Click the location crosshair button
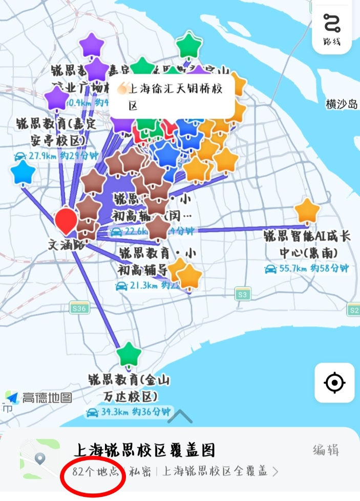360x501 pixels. coord(334,382)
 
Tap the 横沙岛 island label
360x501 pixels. coord(342,104)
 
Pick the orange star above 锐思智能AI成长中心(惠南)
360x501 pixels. coord(307,211)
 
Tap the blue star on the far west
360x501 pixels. coord(23,173)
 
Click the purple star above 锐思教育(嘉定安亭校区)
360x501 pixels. coord(57,99)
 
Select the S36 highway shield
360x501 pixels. coord(79,308)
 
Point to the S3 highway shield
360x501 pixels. coord(243,294)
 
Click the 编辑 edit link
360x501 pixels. coord(326,450)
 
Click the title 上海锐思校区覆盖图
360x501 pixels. coord(144,450)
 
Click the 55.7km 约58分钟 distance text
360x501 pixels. coord(306,268)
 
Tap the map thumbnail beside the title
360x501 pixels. coord(39,459)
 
